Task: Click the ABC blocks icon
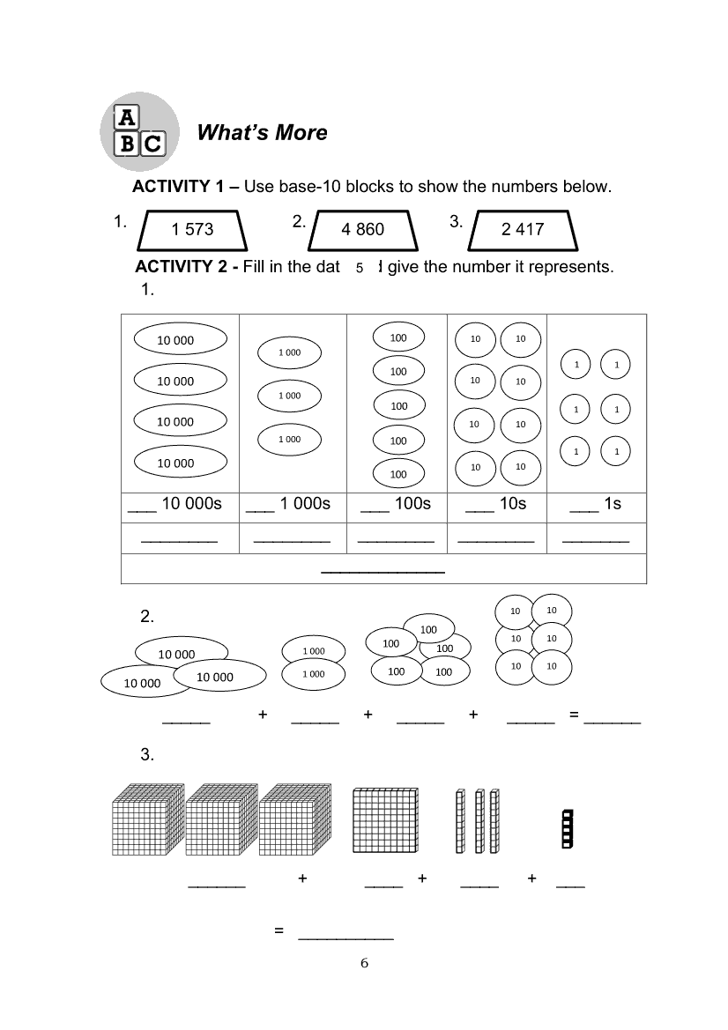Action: pyautogui.click(x=139, y=131)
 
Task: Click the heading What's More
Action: pyautogui.click(x=262, y=132)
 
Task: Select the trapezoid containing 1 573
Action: pyautogui.click(x=193, y=230)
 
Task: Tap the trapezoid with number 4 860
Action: pyautogui.click(x=363, y=230)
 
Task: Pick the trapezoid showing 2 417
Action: pyautogui.click(x=523, y=230)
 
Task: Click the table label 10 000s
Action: pyautogui.click(x=188, y=504)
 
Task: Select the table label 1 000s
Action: pyautogui.click(x=304, y=504)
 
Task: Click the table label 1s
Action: pyautogui.click(x=607, y=504)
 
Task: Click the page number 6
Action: pyautogui.click(x=365, y=962)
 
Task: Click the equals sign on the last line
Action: pyautogui.click(x=279, y=930)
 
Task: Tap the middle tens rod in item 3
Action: pyautogui.click(x=479, y=821)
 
